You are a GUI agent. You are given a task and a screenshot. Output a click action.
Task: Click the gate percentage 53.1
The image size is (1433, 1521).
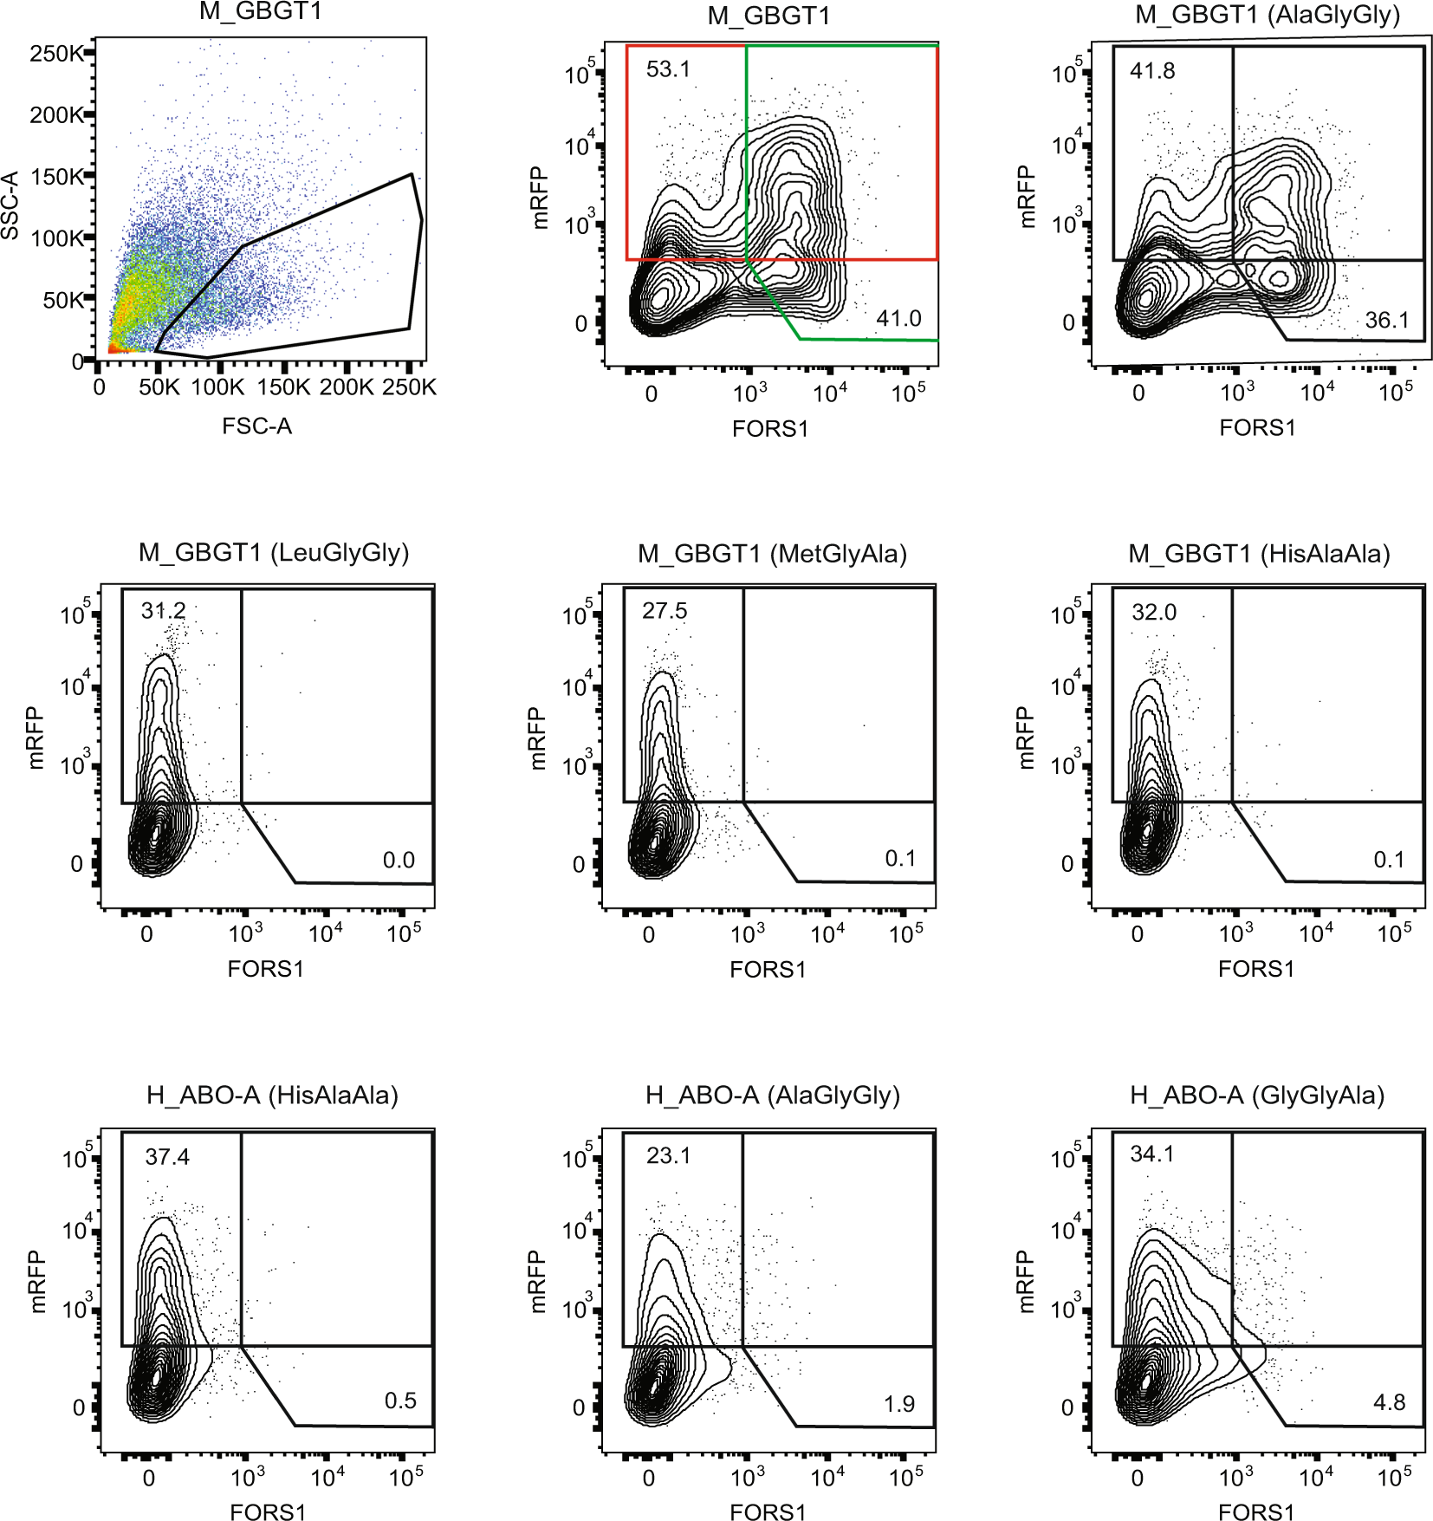pyautogui.click(x=668, y=69)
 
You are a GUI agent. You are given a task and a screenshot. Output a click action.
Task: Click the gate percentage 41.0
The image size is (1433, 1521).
pyautogui.click(x=898, y=319)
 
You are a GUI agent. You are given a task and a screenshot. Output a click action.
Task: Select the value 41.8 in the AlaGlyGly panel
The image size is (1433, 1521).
pyautogui.click(x=1151, y=71)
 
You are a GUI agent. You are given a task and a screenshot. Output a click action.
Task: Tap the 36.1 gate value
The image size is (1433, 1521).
pyautogui.click(x=1386, y=321)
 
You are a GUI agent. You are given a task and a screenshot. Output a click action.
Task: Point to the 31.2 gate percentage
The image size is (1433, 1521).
pyautogui.click(x=163, y=611)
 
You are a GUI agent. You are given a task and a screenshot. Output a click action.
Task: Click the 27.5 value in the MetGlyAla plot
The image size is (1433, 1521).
pyautogui.click(x=664, y=611)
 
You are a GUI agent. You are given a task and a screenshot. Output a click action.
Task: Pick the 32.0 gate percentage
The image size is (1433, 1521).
pyautogui.click(x=1153, y=613)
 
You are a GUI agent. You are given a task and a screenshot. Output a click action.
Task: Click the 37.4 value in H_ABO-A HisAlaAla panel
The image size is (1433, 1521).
pyautogui.click(x=166, y=1157)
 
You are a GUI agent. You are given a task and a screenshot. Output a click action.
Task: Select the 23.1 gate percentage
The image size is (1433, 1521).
pyautogui.click(x=668, y=1155)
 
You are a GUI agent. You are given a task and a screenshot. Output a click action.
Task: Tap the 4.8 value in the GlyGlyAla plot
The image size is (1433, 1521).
pyautogui.click(x=1389, y=1402)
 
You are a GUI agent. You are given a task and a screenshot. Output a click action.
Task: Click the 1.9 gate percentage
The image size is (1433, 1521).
pyautogui.click(x=898, y=1404)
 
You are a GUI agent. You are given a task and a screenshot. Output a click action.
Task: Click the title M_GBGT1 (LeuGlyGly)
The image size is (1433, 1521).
pyautogui.click(x=273, y=553)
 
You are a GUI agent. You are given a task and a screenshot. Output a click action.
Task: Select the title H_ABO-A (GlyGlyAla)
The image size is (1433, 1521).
pyautogui.click(x=1256, y=1095)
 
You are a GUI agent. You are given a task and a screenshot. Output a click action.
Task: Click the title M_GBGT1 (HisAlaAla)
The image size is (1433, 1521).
pyautogui.click(x=1258, y=554)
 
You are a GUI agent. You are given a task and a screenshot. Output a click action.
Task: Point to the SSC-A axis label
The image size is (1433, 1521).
pyautogui.click(x=10, y=205)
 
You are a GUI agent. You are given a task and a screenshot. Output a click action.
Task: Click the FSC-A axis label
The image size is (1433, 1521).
pyautogui.click(x=256, y=426)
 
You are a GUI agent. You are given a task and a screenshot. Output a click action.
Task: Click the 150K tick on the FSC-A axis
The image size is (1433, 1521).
pyautogui.click(x=284, y=387)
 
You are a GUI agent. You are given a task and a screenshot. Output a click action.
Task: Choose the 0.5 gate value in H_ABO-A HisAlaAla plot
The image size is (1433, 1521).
pyautogui.click(x=399, y=1401)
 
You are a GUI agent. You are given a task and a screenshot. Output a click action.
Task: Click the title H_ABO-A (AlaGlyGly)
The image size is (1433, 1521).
pyautogui.click(x=772, y=1095)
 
